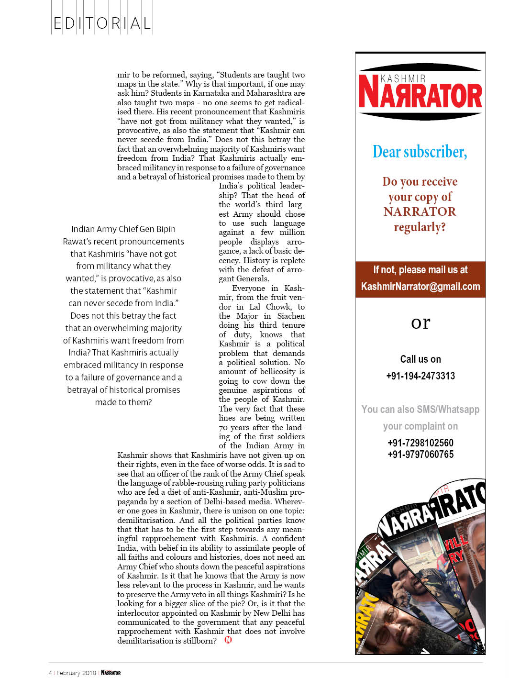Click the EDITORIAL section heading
[102, 23]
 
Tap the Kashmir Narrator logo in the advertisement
[420, 92]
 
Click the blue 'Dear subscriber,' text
[420, 152]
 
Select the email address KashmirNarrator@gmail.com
[420, 287]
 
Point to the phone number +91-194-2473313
[420, 376]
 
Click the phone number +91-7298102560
[420, 443]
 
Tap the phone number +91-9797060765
[420, 455]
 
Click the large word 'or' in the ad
[420, 323]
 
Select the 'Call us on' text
[420, 359]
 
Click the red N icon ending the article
[228, 640]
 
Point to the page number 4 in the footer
[50, 673]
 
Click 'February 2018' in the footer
[76, 673]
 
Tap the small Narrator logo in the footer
[111, 673]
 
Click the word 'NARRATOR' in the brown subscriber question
[420, 212]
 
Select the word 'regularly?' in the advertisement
[420, 227]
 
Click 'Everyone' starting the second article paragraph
[248, 289]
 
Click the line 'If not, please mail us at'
[420, 270]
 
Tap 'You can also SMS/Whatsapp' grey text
[420, 410]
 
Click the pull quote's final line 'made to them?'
[123, 402]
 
